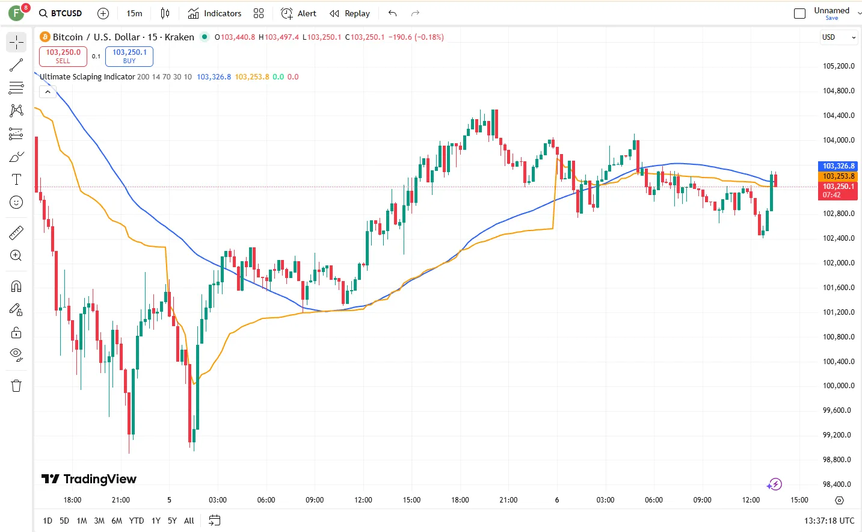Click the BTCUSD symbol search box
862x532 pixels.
tap(61, 13)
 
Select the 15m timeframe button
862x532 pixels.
tap(134, 13)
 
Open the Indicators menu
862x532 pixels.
tap(215, 13)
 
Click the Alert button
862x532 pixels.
tap(299, 13)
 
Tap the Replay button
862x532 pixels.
tap(350, 13)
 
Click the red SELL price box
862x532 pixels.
tap(63, 56)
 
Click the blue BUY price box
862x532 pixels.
tap(129, 56)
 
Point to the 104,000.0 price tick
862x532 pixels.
tap(839, 140)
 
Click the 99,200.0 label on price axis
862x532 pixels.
tap(839, 435)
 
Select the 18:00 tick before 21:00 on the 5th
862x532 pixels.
tap(460, 500)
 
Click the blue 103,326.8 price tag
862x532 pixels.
tap(838, 166)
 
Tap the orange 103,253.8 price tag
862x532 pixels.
tap(838, 176)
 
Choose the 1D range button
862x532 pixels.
tap(48, 521)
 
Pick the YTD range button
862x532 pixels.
tap(137, 521)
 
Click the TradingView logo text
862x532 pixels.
tap(90, 479)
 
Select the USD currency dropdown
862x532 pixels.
tap(839, 37)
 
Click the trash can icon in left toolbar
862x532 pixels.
tap(16, 386)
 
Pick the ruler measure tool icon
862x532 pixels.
tap(16, 232)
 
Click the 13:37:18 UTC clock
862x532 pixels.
tap(829, 521)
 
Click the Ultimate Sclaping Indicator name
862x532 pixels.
tap(87, 77)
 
